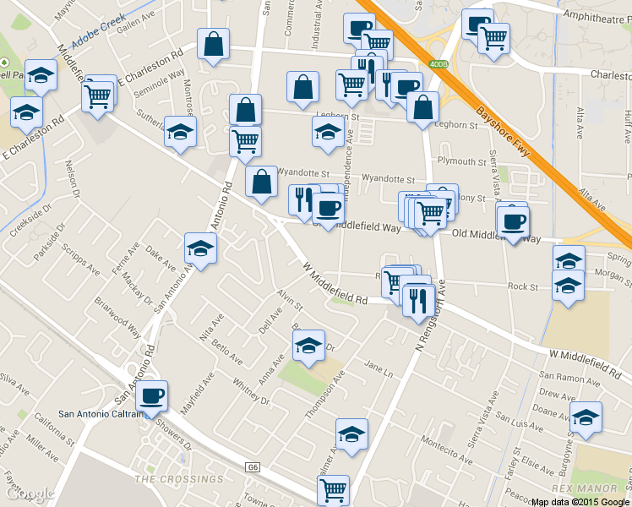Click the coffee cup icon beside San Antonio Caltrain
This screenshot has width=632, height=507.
point(152,395)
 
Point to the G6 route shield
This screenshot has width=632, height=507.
point(253,467)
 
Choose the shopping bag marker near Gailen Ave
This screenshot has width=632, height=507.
point(213,44)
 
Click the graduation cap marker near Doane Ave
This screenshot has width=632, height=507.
point(586,417)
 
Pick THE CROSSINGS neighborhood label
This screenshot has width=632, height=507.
point(179,479)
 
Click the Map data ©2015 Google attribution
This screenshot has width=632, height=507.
point(580,501)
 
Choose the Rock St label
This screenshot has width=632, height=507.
point(523,287)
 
